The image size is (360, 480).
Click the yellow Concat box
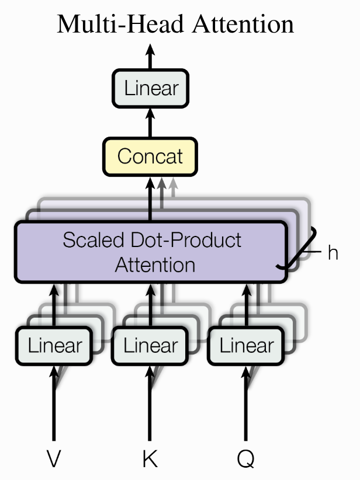(150, 156)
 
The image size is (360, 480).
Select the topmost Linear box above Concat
(150, 89)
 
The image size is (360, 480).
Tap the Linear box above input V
(54, 346)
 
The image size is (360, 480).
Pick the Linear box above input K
(150, 346)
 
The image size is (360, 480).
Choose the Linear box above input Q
(246, 346)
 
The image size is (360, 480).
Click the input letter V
(54, 458)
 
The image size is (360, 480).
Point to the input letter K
(150, 458)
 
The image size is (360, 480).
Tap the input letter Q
(245, 459)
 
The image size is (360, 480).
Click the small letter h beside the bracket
(333, 252)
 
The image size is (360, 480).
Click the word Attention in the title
(243, 24)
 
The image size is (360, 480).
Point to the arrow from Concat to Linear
(150, 123)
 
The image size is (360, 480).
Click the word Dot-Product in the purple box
(186, 240)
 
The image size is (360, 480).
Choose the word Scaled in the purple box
(94, 240)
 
